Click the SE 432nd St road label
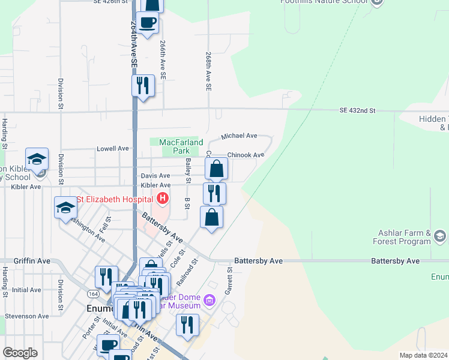click(x=357, y=111)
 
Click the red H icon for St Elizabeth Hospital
click(x=161, y=198)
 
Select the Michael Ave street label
click(x=239, y=137)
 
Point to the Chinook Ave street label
click(x=246, y=155)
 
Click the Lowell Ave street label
click(x=113, y=148)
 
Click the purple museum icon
click(x=209, y=299)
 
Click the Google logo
click(x=20, y=352)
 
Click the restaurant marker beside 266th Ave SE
click(x=143, y=85)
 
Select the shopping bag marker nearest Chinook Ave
click(x=217, y=169)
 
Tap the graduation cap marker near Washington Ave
click(x=65, y=208)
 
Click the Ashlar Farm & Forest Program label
click(x=404, y=238)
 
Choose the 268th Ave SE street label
click(x=208, y=71)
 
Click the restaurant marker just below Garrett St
click(x=187, y=325)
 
